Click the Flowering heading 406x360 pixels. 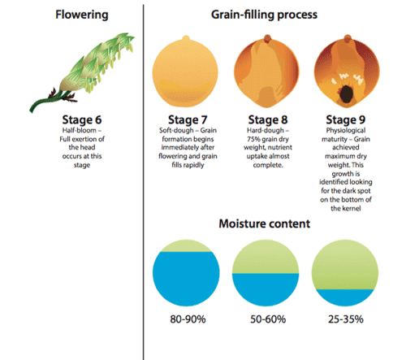click(82, 15)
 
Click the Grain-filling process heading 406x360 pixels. click(264, 15)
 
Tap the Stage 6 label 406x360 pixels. click(82, 119)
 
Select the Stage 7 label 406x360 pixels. click(188, 119)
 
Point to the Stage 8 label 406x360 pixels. click(268, 119)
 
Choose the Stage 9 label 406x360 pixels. click(346, 119)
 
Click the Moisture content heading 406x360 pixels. click(265, 223)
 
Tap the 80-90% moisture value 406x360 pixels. click(188, 319)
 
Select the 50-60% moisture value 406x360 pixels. click(268, 319)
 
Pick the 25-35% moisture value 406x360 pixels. click(346, 319)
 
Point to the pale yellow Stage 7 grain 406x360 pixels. click(185, 72)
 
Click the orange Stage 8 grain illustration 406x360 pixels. click(266, 71)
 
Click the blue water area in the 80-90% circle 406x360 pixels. click(186, 279)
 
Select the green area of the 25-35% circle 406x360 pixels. click(345, 267)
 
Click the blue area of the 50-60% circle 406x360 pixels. click(266, 288)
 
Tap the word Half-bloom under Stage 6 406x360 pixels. click(80, 130)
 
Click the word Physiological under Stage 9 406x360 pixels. click(346, 131)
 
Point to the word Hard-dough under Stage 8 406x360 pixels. click(266, 131)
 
